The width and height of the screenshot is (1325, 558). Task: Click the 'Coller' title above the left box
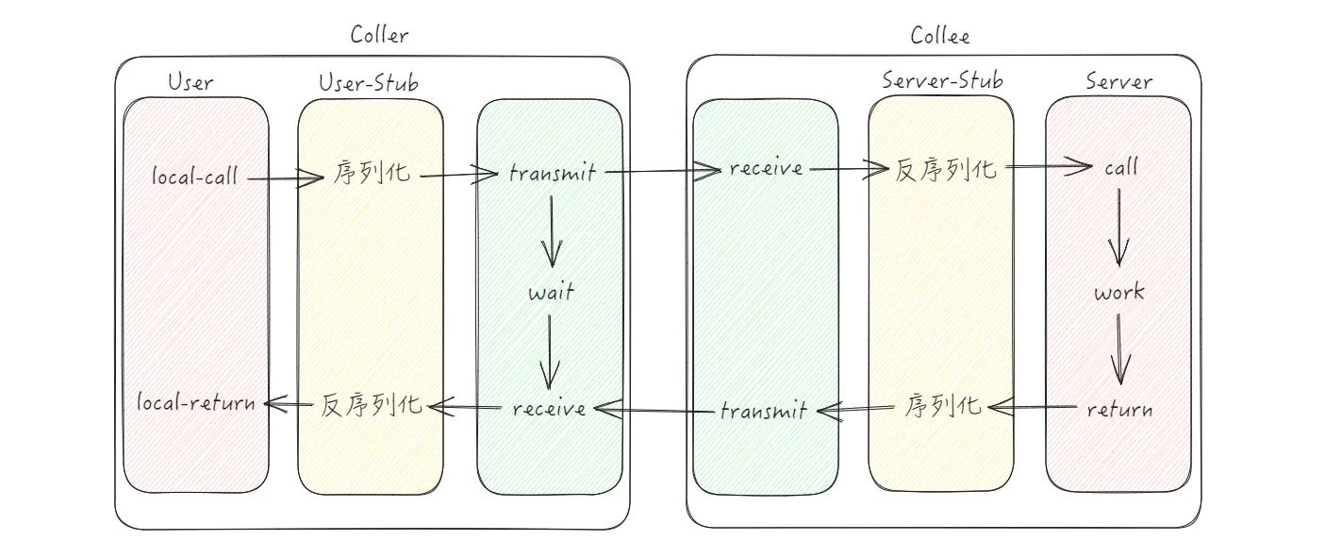pos(379,36)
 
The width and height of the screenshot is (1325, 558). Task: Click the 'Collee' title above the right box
pos(940,36)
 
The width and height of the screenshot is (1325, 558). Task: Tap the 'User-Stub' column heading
pos(369,83)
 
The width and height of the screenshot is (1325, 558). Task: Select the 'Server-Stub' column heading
pos(942,80)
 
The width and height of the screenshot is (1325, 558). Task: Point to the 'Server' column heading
pos(1118,81)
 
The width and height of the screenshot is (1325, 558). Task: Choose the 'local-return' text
pos(196,403)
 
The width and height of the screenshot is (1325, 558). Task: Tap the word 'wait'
pos(552,292)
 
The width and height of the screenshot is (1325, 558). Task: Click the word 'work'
pos(1119,292)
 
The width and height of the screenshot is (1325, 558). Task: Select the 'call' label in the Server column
pos(1120,168)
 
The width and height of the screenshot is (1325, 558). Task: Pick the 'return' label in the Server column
pos(1119,410)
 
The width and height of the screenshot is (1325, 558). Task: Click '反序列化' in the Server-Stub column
pos(944,169)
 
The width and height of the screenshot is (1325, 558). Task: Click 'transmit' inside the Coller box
pos(552,173)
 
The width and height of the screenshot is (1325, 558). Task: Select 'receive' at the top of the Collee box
pos(765,169)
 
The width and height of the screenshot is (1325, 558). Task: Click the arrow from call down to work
pos(1119,227)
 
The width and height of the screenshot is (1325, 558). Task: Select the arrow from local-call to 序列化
pos(287,177)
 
